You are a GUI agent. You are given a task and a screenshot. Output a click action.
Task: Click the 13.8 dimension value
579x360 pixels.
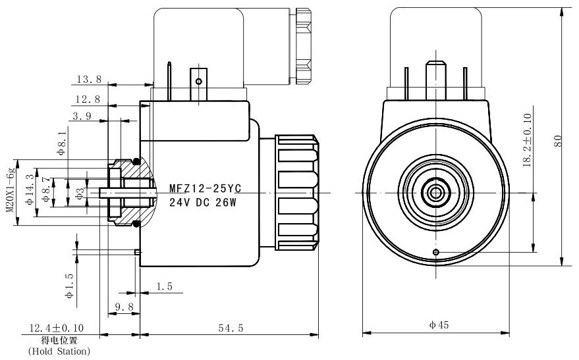coord(89,80)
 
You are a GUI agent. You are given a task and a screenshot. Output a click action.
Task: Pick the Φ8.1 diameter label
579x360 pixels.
coord(62,142)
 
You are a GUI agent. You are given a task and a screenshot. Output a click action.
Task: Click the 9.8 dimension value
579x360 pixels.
coord(124,306)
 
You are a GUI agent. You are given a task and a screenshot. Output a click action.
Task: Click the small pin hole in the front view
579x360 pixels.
coord(435,252)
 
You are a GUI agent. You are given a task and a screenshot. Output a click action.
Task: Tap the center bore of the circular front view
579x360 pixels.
coord(435,192)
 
